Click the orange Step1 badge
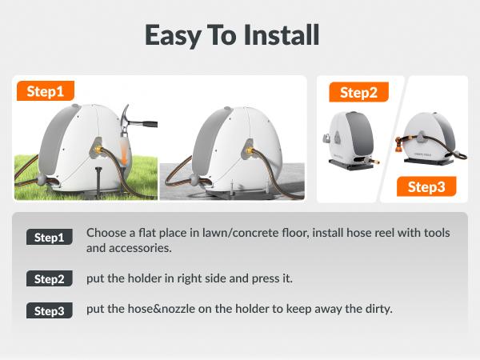[46, 91]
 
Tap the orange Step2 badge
[358, 92]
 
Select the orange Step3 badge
[426, 186]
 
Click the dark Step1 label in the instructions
[50, 237]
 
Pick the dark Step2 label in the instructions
[50, 278]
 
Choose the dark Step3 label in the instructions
[50, 310]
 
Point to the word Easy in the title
[172, 36]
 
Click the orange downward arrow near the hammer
[124, 152]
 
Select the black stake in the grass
[98, 182]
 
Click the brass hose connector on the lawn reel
[98, 150]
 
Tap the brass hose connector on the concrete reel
[250, 150]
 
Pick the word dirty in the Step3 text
[379, 309]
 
